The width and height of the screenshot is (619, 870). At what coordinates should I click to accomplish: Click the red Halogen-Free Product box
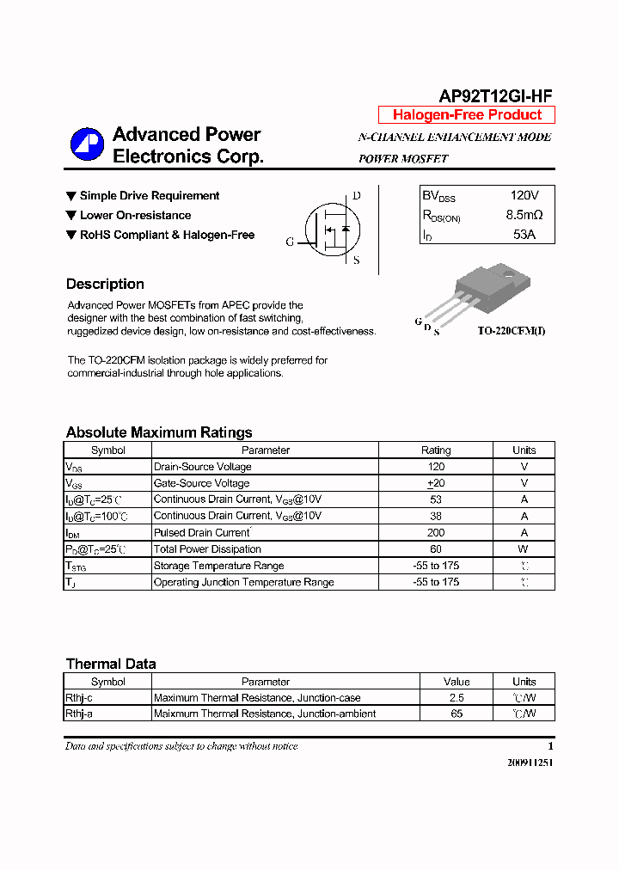[x=467, y=115]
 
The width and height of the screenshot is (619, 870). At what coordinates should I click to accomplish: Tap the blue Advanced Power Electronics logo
[x=87, y=144]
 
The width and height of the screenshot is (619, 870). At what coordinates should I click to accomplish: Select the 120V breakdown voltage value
[x=524, y=196]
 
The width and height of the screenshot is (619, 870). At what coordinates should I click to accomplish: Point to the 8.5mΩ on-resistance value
[x=524, y=215]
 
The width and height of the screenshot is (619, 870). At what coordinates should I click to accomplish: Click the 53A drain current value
[x=524, y=234]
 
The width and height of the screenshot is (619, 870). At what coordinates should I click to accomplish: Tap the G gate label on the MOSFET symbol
[x=290, y=242]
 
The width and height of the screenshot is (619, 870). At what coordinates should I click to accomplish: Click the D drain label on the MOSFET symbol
[x=357, y=196]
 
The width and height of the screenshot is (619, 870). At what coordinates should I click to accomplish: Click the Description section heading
[x=105, y=285]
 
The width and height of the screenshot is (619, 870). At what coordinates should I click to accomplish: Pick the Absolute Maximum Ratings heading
[x=159, y=432]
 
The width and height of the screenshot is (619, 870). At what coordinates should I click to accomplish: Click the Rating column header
[x=436, y=450]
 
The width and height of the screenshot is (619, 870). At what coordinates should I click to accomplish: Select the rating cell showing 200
[x=436, y=533]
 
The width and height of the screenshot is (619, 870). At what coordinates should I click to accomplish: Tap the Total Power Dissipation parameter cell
[x=207, y=549]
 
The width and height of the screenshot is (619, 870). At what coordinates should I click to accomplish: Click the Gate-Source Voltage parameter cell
[x=201, y=483]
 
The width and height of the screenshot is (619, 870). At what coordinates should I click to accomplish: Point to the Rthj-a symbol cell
[x=78, y=714]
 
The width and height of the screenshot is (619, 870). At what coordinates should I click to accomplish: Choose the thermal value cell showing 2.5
[x=457, y=698]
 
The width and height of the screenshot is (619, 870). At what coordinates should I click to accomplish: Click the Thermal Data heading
[x=111, y=664]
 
